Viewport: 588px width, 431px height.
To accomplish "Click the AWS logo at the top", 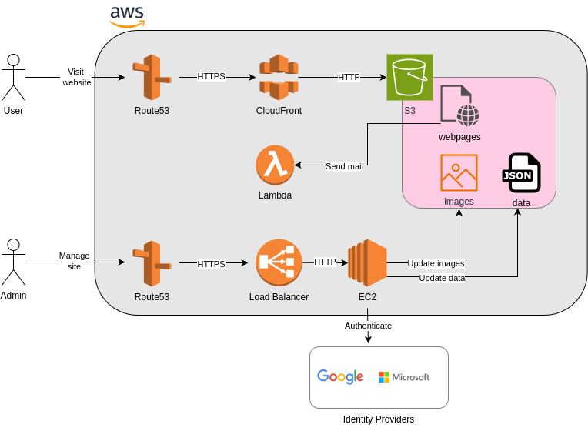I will (127, 15).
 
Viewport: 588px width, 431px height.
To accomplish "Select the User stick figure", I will (13, 77).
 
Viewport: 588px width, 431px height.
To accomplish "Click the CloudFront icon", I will (279, 77).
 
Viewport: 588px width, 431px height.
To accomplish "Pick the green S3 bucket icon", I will (409, 77).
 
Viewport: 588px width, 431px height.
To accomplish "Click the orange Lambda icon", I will (275, 165).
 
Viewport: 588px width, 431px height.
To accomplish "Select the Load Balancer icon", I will (279, 263).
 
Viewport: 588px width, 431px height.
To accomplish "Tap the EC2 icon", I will (367, 263).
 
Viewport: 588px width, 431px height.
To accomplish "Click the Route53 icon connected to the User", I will (152, 77).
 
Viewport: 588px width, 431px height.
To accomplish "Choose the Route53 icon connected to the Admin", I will (152, 263).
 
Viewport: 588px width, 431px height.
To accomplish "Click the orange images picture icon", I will (459, 172).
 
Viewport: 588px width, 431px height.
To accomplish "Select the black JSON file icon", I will (521, 173).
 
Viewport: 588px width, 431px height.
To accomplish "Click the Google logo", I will (340, 376).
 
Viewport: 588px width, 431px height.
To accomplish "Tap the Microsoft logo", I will (404, 377).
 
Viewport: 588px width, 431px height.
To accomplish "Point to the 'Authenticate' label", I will (368, 326).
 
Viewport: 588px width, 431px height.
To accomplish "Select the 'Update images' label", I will (436, 263).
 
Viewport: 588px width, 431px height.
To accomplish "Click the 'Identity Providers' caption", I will (379, 419).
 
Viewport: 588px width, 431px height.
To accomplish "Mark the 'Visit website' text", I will (76, 77).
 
